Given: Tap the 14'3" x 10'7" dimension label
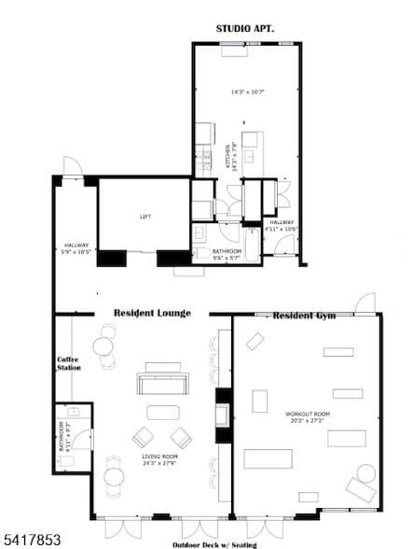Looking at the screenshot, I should [x=248, y=91].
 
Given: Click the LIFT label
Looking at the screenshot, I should [x=145, y=216].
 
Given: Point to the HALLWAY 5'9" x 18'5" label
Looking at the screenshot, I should [x=76, y=248].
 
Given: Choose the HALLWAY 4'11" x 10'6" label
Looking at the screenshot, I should [x=281, y=225].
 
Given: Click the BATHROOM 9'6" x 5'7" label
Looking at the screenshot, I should [x=226, y=255].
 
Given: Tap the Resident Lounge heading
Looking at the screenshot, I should [x=152, y=313].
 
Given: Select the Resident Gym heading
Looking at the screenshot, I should [x=304, y=317].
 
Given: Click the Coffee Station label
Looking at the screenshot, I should [x=69, y=363].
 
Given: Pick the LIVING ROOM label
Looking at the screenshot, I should [x=159, y=457].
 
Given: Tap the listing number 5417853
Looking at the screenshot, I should [x=27, y=540].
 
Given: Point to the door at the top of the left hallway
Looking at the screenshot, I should [x=72, y=168].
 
